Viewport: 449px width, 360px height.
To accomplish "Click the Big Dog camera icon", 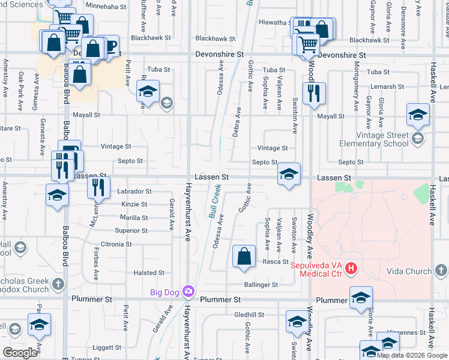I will click(188, 292).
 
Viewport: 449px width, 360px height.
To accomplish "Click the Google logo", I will click(20, 352).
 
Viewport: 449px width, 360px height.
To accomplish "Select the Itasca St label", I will click(276, 262).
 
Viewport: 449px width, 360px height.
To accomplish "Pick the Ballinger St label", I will click(261, 284).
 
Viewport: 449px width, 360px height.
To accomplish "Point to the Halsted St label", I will click(145, 272).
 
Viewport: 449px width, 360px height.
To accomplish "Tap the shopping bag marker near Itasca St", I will click(243, 256).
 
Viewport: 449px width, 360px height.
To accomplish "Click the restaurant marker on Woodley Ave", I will click(313, 93).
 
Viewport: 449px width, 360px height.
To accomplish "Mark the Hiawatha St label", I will click(275, 22).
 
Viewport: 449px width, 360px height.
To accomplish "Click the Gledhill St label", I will click(249, 314).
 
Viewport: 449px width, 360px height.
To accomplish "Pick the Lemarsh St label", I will click(382, 86).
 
